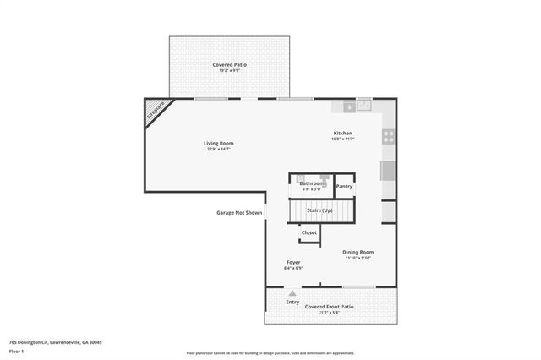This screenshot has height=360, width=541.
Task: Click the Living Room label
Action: point(218,143)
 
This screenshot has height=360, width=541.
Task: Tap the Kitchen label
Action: point(342,133)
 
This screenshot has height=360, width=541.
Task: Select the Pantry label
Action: point(344,186)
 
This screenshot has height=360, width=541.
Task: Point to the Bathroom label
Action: point(312,183)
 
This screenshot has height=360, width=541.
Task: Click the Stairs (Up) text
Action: point(320,209)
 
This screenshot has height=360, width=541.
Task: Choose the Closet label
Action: point(309,232)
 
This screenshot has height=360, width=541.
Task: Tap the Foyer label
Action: point(293,262)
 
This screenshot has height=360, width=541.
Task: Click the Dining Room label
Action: point(358,252)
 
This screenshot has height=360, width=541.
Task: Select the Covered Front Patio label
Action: point(329,307)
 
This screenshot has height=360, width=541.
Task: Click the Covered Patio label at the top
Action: point(229,64)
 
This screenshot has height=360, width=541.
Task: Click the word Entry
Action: point(292,302)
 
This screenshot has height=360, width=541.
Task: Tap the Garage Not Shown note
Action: point(239,213)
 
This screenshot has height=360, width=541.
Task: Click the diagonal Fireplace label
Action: point(155,110)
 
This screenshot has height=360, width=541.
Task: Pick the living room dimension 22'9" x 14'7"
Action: point(218,150)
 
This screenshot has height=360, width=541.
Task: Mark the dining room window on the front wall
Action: point(358,287)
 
